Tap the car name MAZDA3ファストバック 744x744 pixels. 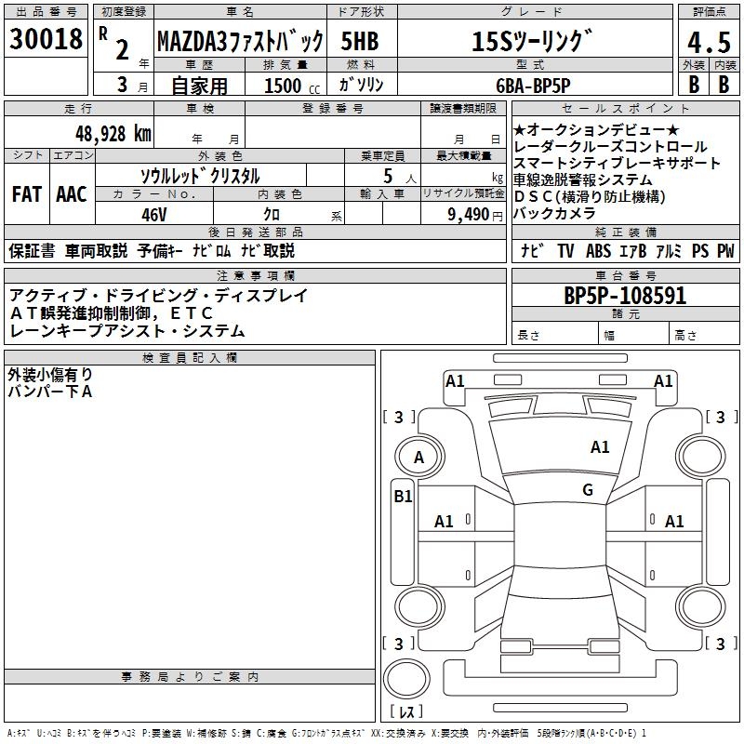pos(240,42)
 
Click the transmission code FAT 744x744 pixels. pos(27,194)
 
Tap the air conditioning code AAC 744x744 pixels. pos(72,194)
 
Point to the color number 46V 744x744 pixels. pos(153,215)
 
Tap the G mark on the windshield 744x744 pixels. pos(587,490)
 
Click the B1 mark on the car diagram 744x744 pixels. pos(402,497)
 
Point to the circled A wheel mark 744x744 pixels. pos(418,458)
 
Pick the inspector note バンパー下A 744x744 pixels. pos(50,392)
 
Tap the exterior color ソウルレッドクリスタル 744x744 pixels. pos(200,176)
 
